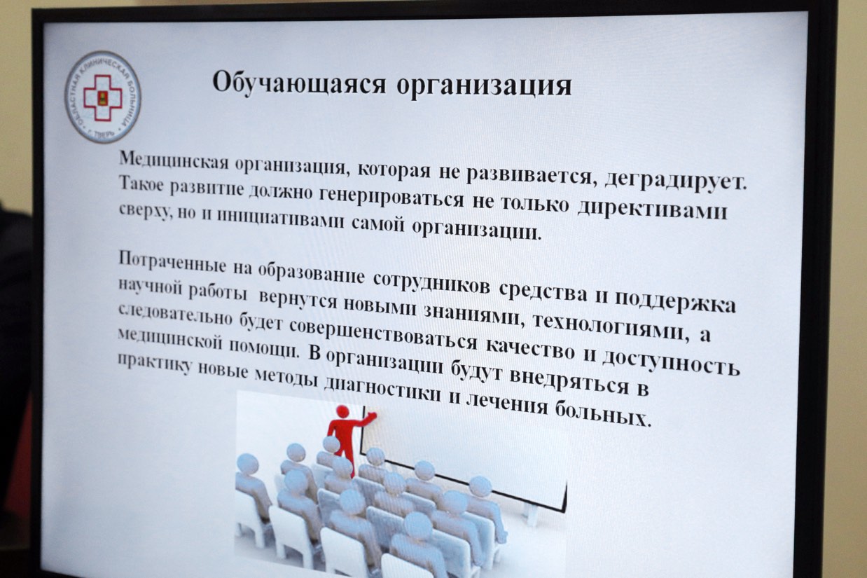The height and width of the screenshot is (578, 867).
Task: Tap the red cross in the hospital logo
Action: point(102,97)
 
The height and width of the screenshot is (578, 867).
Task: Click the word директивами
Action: point(652,209)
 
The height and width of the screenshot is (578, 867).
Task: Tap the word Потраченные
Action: point(172,262)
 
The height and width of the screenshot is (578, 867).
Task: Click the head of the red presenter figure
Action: point(342,412)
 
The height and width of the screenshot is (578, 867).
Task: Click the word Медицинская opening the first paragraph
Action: point(174,160)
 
